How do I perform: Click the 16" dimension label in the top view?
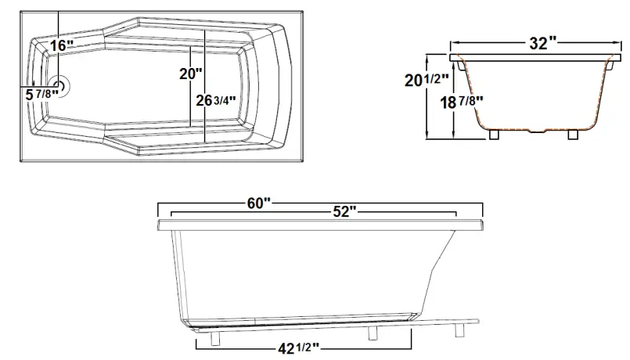click(60, 45)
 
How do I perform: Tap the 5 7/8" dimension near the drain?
click(41, 95)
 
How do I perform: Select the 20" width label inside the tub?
click(190, 74)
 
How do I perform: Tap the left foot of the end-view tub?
click(494, 134)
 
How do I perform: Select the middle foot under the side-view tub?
click(373, 333)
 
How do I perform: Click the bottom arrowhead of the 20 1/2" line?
click(427, 137)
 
